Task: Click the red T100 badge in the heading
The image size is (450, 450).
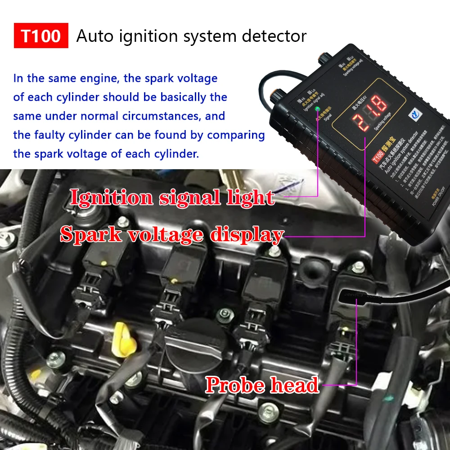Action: tap(41, 36)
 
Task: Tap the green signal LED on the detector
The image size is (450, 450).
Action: tap(318, 109)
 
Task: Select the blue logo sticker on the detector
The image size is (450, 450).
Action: tap(415, 115)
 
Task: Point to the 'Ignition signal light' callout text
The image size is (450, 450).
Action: tap(172, 198)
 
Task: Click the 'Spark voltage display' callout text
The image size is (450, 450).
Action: tap(172, 234)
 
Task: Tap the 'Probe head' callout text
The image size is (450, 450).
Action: tap(262, 385)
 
